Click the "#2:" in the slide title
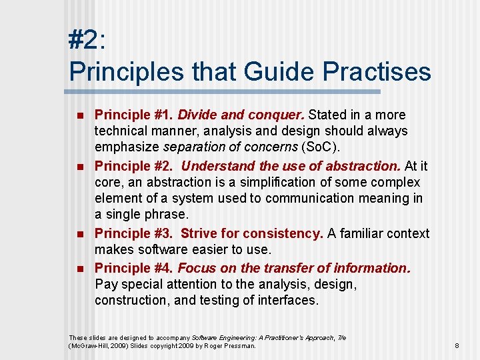(87, 40)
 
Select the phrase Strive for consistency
(252, 233)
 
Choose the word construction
(128, 300)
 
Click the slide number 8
(457, 345)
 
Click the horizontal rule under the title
(225, 91)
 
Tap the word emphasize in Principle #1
(127, 147)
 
